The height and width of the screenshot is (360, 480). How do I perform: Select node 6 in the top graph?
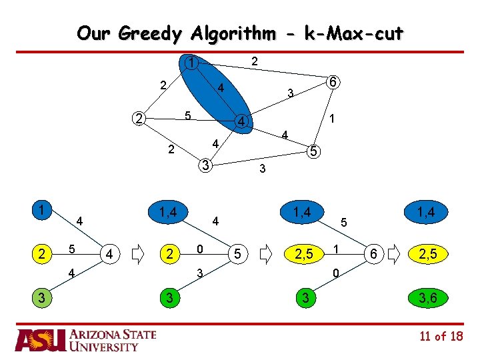pyautogui.click(x=333, y=83)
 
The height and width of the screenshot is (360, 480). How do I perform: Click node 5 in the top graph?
pyautogui.click(x=313, y=151)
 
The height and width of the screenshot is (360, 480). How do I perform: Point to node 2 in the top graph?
pyautogui.click(x=137, y=119)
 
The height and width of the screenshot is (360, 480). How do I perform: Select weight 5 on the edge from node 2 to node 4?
pyautogui.click(x=188, y=115)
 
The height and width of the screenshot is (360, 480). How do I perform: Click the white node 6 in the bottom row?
pyautogui.click(x=374, y=254)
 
